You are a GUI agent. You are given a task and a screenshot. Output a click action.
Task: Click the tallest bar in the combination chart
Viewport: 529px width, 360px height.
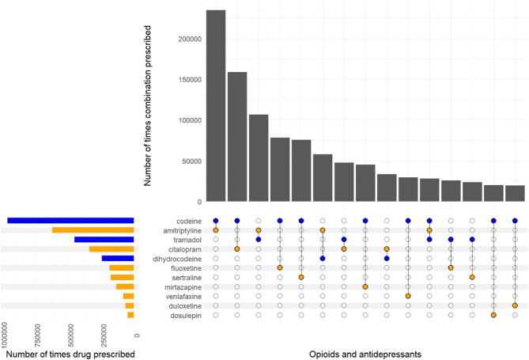tap(216, 106)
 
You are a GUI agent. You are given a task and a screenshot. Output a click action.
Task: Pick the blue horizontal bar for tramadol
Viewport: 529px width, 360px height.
tap(104, 240)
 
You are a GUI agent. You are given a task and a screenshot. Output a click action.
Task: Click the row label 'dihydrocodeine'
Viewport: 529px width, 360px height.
tap(177, 258)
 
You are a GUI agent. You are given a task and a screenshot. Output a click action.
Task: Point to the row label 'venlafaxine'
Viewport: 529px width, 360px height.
tap(182, 296)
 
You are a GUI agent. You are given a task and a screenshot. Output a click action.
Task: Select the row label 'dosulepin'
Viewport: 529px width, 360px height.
tap(184, 315)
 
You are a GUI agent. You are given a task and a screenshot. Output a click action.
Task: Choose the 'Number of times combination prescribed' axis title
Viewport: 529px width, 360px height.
tap(149, 103)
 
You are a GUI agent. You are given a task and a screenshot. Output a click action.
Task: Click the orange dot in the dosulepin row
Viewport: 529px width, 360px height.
tap(493, 315)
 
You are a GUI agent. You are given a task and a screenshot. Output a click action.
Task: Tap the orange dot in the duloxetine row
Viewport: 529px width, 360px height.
tap(515, 305)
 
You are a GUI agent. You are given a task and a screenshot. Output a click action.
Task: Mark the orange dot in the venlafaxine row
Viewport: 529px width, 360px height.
tap(408, 296)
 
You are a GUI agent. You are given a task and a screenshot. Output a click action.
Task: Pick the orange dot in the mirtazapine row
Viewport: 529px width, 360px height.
tap(365, 286)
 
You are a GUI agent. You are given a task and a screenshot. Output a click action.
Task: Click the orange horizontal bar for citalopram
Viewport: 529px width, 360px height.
tap(111, 249)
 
